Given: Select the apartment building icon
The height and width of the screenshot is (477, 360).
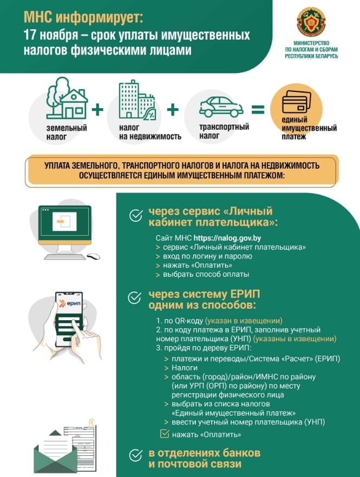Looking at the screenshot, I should click(x=136, y=101).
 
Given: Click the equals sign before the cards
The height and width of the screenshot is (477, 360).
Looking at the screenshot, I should click(x=258, y=109).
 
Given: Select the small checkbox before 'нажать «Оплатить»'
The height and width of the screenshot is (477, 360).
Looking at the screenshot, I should click(x=165, y=434).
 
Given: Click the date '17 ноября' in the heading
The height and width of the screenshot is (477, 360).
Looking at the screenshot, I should click(x=46, y=36).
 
